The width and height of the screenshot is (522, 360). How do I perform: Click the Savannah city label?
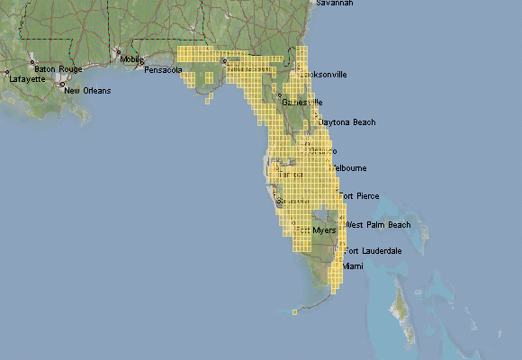point(334,4)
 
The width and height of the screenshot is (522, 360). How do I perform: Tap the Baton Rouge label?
point(58,68)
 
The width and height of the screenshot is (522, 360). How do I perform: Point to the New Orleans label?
point(87,91)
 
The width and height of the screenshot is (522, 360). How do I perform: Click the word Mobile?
point(131,59)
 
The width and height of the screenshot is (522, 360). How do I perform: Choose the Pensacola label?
point(163,69)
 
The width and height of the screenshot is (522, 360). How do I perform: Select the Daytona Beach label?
point(347,121)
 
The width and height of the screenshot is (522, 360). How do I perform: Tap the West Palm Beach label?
point(377,224)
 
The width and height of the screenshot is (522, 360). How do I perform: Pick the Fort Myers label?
point(316,230)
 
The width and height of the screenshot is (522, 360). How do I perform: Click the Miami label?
point(353,267)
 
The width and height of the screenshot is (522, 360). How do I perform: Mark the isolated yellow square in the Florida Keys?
point(294,312)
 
